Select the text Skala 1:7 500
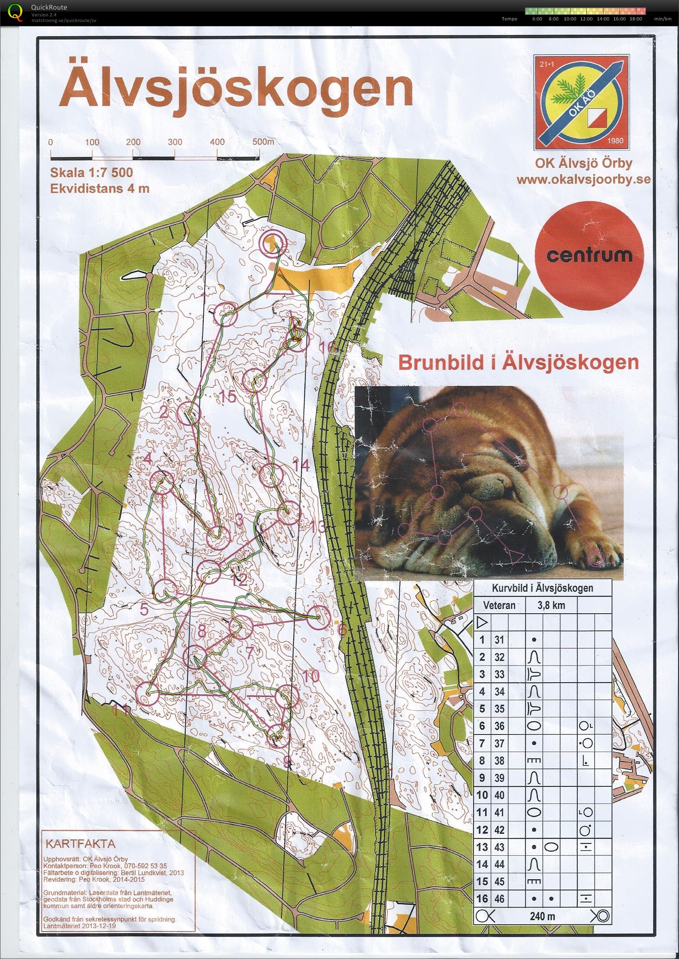(92, 173)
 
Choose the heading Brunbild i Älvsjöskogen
(519, 362)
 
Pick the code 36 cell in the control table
(499, 726)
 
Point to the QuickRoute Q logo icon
(16, 12)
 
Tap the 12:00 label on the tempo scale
(585, 19)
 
